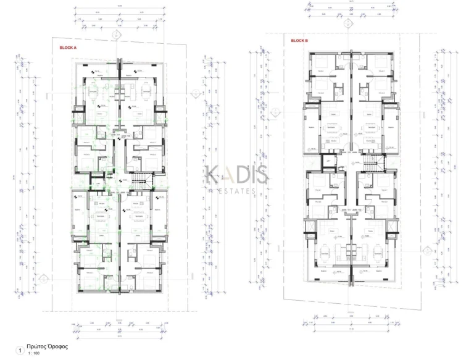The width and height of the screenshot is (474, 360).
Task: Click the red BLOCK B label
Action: click(299, 41)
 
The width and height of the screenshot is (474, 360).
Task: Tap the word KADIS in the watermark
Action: click(237, 175)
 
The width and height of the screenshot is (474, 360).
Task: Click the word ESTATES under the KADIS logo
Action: click(238, 191)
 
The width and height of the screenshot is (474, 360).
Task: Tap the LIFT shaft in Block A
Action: click(98, 183)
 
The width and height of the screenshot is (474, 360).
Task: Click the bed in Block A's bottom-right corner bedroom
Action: click(149, 281)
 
